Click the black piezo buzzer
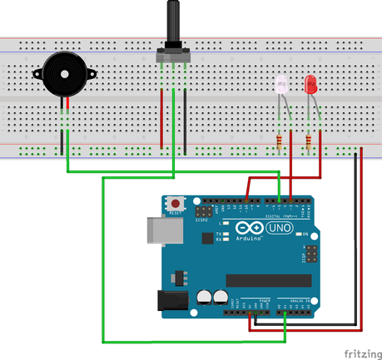63,74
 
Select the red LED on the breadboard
311,84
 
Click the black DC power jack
172,301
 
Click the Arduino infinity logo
249,229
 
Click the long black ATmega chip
267,279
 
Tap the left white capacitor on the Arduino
204,296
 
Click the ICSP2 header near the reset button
201,213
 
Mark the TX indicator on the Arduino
218,234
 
